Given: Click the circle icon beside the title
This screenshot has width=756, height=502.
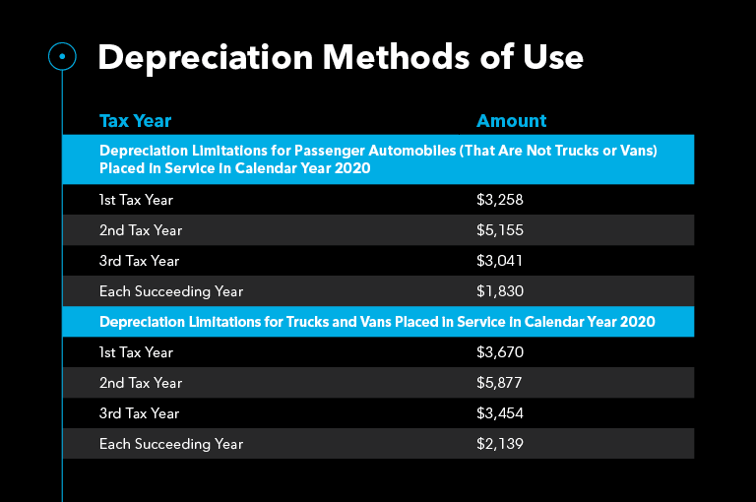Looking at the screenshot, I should pyautogui.click(x=62, y=57).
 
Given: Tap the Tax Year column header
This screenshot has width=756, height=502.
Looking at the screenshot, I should pyautogui.click(x=135, y=121).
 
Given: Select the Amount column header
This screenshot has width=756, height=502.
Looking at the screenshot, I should pyautogui.click(x=511, y=121).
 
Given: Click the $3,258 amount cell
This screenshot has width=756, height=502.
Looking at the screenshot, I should pyautogui.click(x=500, y=200).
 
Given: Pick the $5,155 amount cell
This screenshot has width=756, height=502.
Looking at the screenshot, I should pyautogui.click(x=500, y=230).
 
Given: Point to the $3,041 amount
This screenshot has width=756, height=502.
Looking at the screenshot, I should pyautogui.click(x=500, y=261).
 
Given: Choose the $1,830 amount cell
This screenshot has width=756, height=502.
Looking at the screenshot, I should pyautogui.click(x=500, y=291).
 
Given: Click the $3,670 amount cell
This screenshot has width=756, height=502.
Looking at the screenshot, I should pyautogui.click(x=500, y=352).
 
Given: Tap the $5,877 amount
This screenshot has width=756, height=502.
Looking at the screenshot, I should pyautogui.click(x=500, y=383).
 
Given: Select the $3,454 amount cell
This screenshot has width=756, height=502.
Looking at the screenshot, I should pyautogui.click(x=500, y=413).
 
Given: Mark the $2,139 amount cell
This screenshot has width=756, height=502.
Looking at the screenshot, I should pyautogui.click(x=500, y=444).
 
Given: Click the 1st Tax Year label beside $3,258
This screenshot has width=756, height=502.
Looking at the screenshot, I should pyautogui.click(x=136, y=200).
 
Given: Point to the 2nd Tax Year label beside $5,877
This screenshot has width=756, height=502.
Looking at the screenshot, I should pyautogui.click(x=141, y=383).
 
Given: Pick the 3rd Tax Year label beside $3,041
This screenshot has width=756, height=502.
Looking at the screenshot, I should pyautogui.click(x=140, y=261).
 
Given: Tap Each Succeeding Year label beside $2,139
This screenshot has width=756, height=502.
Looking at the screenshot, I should pyautogui.click(x=171, y=444).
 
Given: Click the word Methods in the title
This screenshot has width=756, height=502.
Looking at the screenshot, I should pyautogui.click(x=342, y=57).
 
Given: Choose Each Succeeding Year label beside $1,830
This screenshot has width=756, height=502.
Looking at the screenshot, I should pyautogui.click(x=171, y=291).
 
